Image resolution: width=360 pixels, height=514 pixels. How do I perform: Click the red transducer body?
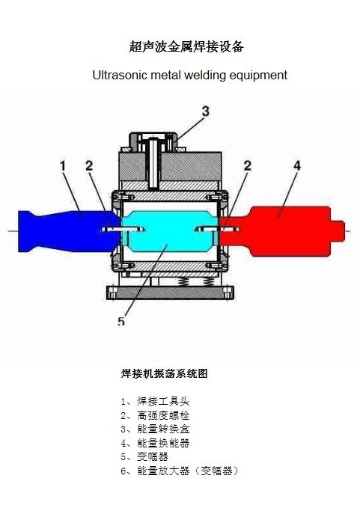[282, 230]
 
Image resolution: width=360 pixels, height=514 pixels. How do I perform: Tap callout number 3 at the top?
[205, 111]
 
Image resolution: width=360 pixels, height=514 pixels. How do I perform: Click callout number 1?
[63, 165]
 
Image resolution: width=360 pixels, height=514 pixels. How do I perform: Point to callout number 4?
[296, 165]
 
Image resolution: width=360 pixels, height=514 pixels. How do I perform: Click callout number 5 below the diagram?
[121, 321]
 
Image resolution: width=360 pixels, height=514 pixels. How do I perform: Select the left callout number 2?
[89, 165]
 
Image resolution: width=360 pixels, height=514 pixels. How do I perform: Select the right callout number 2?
[247, 165]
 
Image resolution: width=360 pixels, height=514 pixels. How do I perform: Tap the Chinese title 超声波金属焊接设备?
[186, 46]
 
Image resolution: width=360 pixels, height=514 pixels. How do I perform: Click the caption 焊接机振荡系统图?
[164, 373]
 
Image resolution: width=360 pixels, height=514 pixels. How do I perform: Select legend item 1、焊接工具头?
[155, 401]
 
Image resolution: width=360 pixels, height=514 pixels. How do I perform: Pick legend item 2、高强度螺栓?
[155, 415]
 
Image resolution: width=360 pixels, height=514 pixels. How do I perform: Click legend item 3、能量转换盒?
[155, 429]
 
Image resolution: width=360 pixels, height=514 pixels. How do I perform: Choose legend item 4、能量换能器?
[155, 443]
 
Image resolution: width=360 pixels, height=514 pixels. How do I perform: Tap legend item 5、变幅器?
[144, 456]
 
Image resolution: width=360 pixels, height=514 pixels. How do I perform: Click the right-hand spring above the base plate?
[209, 281]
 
